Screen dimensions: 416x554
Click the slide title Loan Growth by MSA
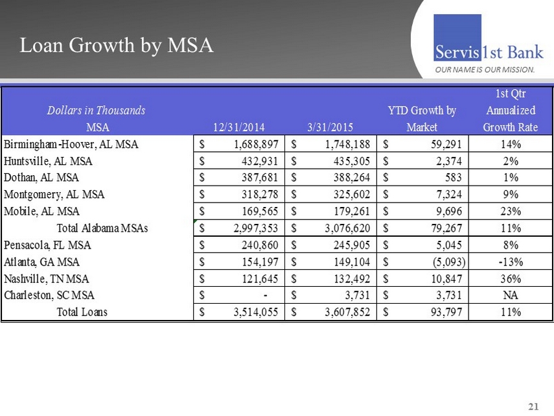(117, 45)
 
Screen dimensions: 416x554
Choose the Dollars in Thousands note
(96, 110)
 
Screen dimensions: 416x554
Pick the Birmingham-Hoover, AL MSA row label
(71, 144)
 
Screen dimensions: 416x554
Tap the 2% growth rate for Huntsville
(511, 161)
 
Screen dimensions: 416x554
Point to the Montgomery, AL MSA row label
(54, 194)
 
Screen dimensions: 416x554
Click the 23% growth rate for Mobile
(511, 211)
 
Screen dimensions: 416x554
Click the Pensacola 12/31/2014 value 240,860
(257, 245)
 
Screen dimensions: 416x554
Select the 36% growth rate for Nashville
(511, 278)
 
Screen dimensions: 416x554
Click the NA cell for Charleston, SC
(511, 295)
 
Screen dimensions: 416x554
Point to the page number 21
(533, 407)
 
